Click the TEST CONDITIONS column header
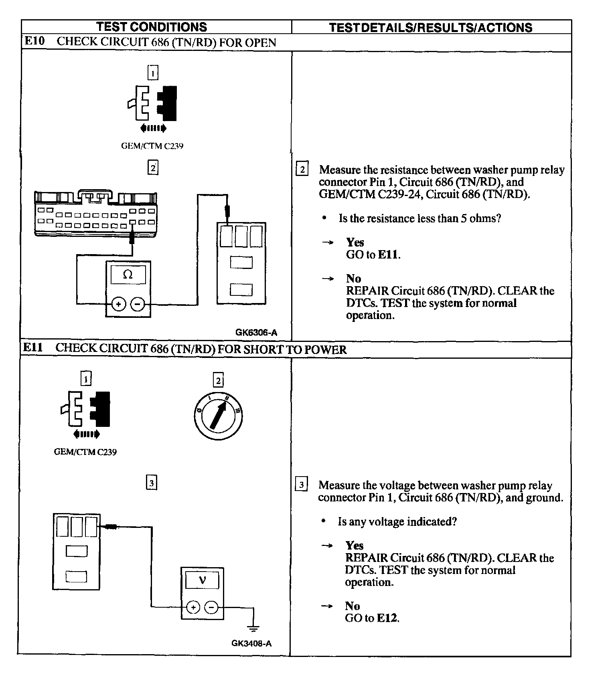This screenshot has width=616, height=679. click(152, 27)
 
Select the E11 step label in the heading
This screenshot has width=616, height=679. click(33, 348)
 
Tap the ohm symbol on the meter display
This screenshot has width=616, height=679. click(128, 275)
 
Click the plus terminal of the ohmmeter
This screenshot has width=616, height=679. click(118, 305)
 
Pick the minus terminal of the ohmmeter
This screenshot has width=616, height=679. click(138, 305)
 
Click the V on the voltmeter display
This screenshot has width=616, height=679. click(202, 580)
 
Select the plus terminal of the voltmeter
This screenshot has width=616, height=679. click(193, 608)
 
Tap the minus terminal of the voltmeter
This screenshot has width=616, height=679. click(211, 608)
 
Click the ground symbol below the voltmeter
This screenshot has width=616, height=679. click(253, 628)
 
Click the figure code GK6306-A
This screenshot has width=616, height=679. click(256, 332)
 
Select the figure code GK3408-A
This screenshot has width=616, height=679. click(251, 643)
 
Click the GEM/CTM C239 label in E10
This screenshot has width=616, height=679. click(152, 146)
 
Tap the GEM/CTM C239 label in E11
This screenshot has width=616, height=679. click(85, 452)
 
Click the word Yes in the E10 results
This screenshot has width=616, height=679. click(355, 242)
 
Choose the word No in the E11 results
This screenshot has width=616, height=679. click(352, 606)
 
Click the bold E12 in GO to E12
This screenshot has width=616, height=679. click(387, 618)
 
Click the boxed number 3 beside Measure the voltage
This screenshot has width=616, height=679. click(301, 485)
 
